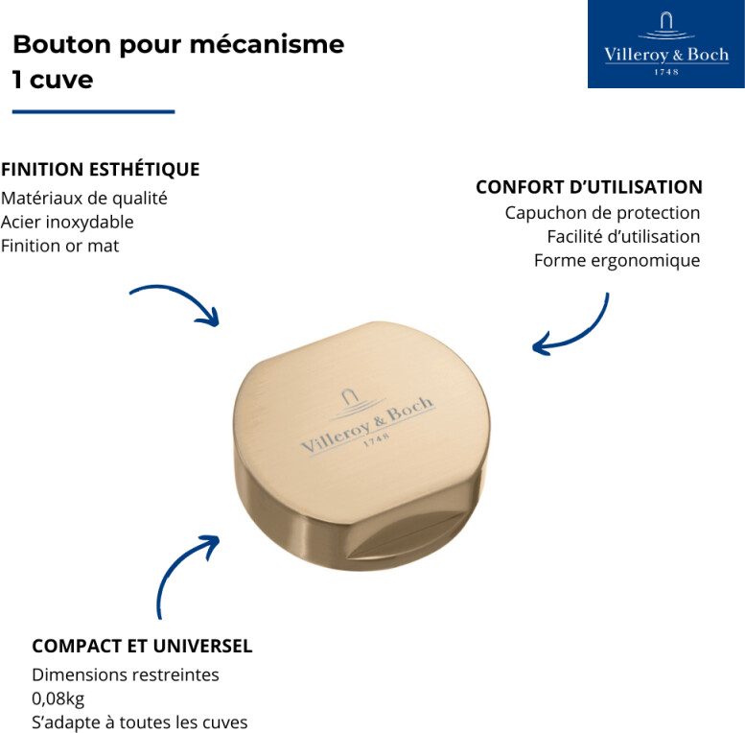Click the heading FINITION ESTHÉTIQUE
pyautogui.click(x=101, y=170)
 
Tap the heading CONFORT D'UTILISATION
pyautogui.click(x=589, y=187)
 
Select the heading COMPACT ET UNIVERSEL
pyautogui.click(x=142, y=647)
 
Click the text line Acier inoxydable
pyautogui.click(x=67, y=222)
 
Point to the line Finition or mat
pyautogui.click(x=60, y=246)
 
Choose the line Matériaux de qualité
pyautogui.click(x=84, y=199)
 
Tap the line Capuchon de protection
pyautogui.click(x=602, y=213)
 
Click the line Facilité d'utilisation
pyautogui.click(x=623, y=237)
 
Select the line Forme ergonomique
pyautogui.click(x=617, y=261)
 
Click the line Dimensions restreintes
pyautogui.click(x=126, y=674)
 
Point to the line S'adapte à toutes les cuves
pyautogui.click(x=140, y=722)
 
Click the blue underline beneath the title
pyautogui.click(x=93, y=112)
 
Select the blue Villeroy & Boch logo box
pyautogui.click(x=665, y=45)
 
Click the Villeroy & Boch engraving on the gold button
pyautogui.click(x=366, y=422)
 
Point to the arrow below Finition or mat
pyautogui.click(x=177, y=302)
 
